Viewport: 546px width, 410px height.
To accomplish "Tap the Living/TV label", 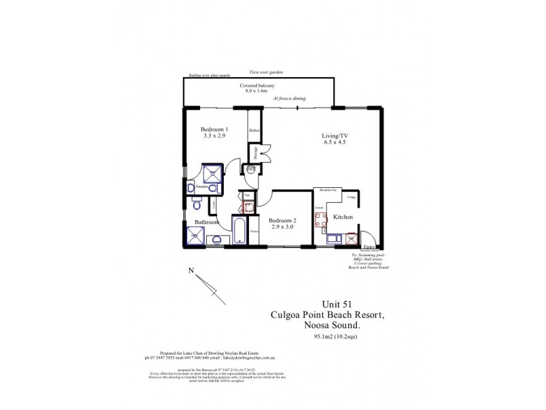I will tap(335, 136).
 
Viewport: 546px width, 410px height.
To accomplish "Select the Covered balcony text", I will tap(257, 85).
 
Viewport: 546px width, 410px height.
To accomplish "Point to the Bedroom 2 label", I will tap(282, 220).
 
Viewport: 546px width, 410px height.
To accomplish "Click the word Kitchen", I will tap(343, 217).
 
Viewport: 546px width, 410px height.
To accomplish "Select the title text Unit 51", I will tap(338, 305).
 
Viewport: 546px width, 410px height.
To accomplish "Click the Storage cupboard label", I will tap(255, 152).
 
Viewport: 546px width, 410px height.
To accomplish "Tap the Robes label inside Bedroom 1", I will tap(253, 130).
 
